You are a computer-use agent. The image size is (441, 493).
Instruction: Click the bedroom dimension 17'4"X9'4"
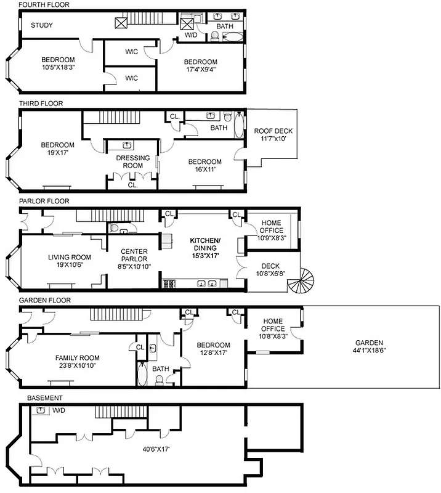point(200,70)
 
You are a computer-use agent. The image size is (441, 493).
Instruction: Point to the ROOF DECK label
point(273,131)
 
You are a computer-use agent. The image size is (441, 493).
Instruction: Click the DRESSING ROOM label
point(133,162)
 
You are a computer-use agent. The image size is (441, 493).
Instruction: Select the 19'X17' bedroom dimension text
point(58,153)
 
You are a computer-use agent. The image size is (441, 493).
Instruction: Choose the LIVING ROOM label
point(70,258)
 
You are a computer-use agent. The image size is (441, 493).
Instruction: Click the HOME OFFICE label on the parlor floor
point(271,227)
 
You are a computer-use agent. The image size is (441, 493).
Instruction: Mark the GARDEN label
point(369,343)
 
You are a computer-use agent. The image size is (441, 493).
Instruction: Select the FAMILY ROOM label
point(77,357)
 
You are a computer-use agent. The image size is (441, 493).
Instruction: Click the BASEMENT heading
point(41,398)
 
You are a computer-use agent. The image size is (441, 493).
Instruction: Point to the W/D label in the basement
point(59,410)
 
